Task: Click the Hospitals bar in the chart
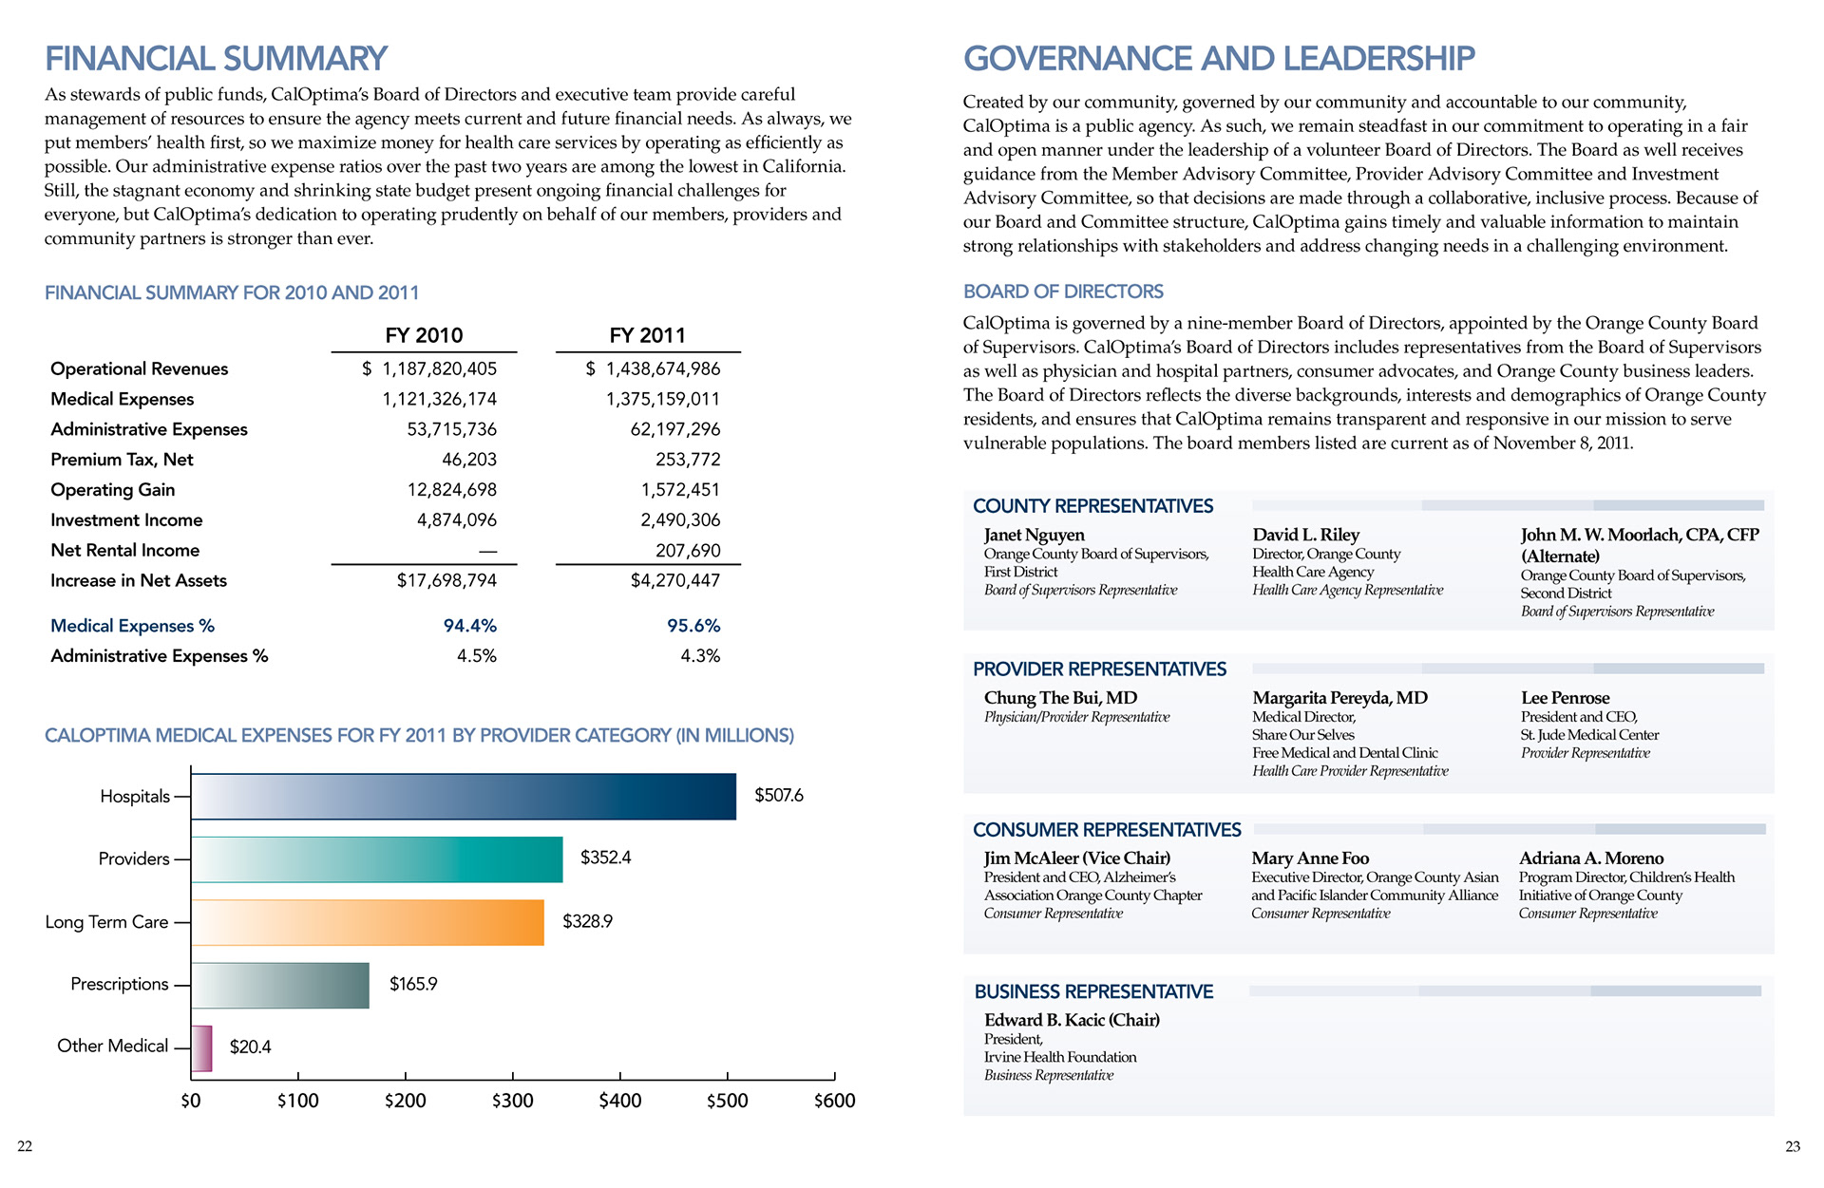464,797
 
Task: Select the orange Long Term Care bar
368,922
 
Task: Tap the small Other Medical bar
201,1048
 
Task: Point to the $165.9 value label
413,985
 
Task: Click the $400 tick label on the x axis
620,1101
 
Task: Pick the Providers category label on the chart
134,859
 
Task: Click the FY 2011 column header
647,335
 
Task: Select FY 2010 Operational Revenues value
429,368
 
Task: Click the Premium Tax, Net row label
122,460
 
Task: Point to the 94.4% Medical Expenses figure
470,626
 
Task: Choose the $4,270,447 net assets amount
675,580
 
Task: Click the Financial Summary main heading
216,59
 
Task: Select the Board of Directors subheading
1063,292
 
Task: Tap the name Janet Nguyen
1034,535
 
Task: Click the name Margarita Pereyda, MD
1339,698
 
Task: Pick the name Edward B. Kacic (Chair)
1072,1020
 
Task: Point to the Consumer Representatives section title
1107,830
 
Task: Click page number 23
1793,1146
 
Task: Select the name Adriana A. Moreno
1591,858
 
